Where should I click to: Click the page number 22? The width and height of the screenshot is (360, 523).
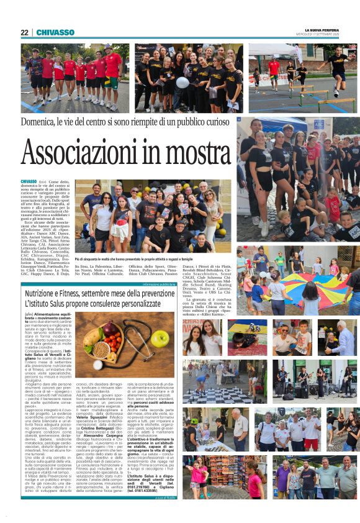click(x=24, y=32)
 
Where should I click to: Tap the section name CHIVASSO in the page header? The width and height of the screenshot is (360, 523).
click(x=55, y=32)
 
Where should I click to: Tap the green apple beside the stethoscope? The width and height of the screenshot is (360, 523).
click(x=160, y=339)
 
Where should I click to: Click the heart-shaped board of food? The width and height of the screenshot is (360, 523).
click(x=103, y=342)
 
